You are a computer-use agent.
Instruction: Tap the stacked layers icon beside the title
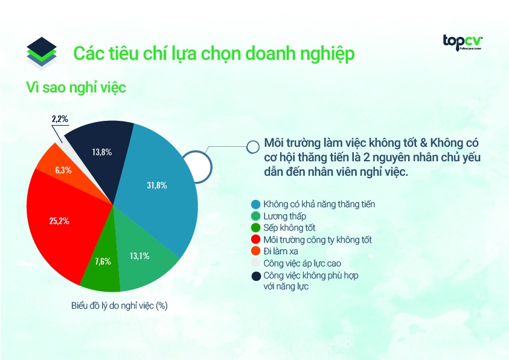point(42,53)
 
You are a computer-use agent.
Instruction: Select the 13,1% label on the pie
point(138,256)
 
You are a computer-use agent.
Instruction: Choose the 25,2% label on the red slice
point(59,220)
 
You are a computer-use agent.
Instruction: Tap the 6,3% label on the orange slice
point(63,170)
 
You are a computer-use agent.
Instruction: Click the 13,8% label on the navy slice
point(103,152)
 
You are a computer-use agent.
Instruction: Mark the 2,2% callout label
point(59,120)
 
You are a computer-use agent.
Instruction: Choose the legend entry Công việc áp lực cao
point(303,263)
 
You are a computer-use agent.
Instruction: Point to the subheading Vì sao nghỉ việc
point(75,87)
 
